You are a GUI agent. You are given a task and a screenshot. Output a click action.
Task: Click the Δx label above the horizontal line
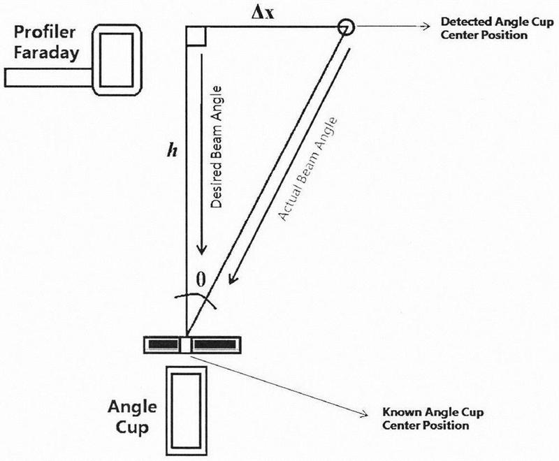[263, 13]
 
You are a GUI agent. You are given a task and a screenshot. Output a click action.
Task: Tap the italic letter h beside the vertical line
[172, 151]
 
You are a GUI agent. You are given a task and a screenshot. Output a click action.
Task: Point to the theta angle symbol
[201, 279]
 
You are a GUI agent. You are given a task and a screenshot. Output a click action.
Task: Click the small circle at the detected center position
[345, 27]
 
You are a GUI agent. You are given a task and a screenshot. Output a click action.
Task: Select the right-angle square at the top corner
[196, 36]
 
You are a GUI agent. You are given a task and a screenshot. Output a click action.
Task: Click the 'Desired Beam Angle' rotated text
[216, 147]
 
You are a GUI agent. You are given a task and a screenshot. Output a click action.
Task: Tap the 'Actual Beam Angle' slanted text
[307, 170]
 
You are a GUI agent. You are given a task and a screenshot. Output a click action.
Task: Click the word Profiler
[45, 32]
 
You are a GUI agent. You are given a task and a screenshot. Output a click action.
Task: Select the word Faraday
[46, 53]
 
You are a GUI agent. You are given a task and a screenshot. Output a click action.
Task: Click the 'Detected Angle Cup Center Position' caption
[498, 28]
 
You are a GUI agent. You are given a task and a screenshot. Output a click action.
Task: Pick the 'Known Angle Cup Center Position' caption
[433, 418]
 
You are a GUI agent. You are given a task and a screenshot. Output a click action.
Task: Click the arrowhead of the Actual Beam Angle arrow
[233, 278]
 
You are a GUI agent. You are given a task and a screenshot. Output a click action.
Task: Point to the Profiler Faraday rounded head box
[117, 60]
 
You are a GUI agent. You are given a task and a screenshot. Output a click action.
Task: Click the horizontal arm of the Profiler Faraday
[48, 78]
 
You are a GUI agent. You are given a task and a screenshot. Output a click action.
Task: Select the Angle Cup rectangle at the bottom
[187, 411]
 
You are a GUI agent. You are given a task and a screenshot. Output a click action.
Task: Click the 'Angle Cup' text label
[132, 416]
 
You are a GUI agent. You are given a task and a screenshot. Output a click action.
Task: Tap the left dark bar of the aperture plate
[163, 344]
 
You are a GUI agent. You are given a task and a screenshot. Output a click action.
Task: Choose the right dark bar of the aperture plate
[215, 344]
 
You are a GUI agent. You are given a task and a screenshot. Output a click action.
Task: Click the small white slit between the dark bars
[186, 345]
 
